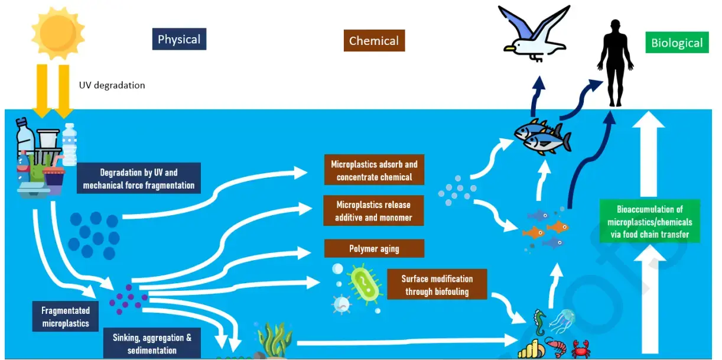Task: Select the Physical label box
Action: click(179, 40)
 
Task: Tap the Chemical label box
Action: click(374, 41)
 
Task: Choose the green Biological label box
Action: click(677, 43)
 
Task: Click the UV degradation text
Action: click(112, 85)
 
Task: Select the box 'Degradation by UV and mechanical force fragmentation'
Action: click(139, 179)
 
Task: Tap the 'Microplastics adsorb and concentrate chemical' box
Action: click(374, 170)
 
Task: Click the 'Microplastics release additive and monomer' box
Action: click(373, 211)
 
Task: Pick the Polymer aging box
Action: click(374, 248)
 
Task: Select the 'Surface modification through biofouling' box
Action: click(437, 284)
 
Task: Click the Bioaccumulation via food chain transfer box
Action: click(649, 222)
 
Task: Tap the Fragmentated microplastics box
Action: click(66, 316)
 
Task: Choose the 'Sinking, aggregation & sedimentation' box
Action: click(152, 343)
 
